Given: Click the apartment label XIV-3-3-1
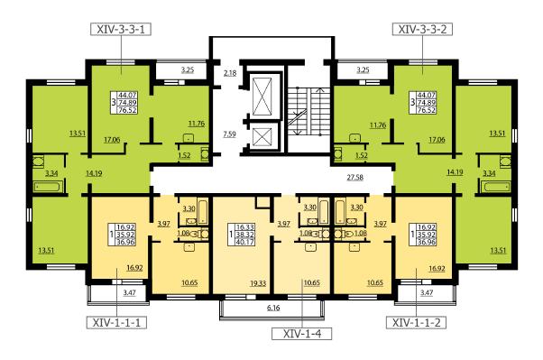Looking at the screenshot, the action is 121,29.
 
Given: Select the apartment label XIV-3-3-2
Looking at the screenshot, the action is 422,29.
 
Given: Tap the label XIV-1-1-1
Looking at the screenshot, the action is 116,323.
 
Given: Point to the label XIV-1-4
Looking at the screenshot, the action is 302,334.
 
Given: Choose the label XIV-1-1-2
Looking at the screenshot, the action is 416,323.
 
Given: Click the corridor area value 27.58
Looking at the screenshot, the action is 355,178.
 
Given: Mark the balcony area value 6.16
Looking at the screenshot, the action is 273,308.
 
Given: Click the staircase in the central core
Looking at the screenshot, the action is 308,111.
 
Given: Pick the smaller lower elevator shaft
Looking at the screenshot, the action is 262,136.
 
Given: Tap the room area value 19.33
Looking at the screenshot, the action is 258,283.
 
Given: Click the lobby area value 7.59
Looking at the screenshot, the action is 230,134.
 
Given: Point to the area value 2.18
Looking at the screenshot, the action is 230,73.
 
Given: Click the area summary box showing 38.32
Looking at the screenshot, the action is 241,235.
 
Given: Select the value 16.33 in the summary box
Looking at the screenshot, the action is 244,227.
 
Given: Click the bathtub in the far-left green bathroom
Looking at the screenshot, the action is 49,187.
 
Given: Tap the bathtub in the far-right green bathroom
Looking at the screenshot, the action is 495,187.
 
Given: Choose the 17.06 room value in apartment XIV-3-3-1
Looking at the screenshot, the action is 112,140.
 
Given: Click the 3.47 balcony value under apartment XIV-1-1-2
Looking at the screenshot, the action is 427,292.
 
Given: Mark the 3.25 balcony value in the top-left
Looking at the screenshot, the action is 188,69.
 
